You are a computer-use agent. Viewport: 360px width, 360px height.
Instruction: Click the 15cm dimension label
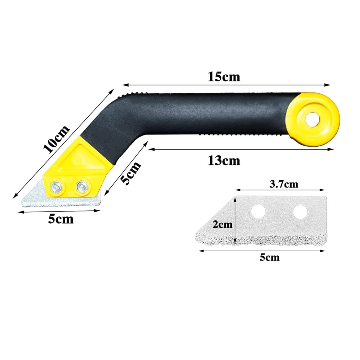(224, 76)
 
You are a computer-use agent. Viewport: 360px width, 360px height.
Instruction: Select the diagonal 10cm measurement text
(56, 139)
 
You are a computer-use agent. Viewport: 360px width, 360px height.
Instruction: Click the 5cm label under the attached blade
(61, 219)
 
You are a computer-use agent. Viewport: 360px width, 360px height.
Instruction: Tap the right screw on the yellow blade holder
(81, 186)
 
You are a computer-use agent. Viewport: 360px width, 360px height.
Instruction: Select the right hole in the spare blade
(300, 212)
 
